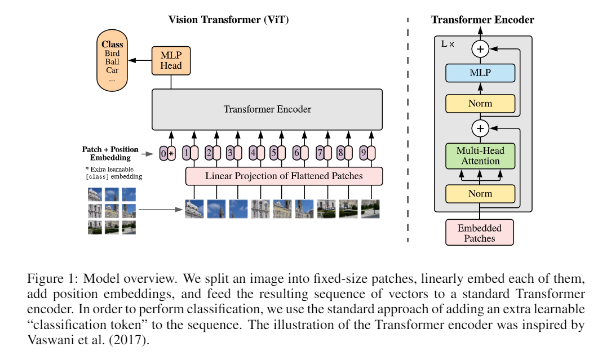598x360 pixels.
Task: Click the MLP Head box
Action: point(171,60)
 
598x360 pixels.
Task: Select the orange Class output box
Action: point(112,62)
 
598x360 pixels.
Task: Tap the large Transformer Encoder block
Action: point(267,109)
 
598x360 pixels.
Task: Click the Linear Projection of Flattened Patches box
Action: point(284,176)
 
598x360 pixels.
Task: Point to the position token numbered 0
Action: point(163,153)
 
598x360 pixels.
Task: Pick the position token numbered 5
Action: point(274,153)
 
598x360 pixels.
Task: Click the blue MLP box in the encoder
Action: point(480,73)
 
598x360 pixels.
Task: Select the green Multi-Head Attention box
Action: point(480,156)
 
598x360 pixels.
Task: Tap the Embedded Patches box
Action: point(480,233)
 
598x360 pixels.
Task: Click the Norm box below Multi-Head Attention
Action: point(480,193)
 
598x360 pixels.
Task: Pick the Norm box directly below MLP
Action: point(480,104)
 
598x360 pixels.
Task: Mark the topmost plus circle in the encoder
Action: point(480,49)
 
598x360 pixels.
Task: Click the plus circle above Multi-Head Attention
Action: point(480,129)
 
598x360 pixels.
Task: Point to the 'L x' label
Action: point(448,43)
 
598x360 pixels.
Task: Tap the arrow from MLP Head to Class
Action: point(140,59)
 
